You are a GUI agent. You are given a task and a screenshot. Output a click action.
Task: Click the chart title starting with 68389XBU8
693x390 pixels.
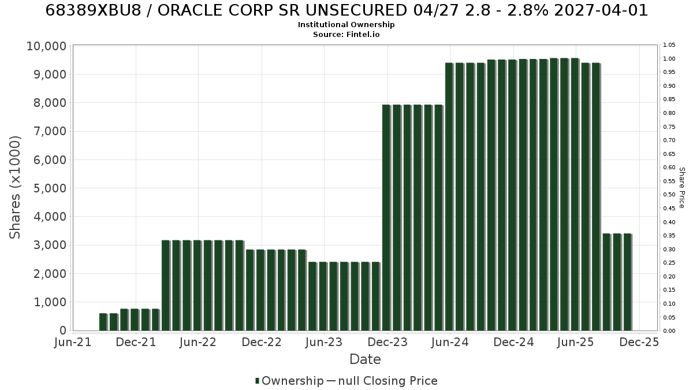tap(346, 10)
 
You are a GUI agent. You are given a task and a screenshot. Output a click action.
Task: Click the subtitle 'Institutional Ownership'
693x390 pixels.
tap(346, 25)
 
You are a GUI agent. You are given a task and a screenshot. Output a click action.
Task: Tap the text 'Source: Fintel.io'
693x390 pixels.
tap(346, 34)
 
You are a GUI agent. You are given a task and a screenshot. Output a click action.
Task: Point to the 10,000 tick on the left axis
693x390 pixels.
tap(46, 46)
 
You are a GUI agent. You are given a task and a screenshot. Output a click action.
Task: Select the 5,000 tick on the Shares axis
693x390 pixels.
tap(50, 188)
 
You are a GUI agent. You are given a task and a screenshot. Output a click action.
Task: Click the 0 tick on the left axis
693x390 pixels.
tap(63, 330)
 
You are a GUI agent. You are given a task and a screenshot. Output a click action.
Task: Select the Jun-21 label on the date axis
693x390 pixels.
tap(73, 342)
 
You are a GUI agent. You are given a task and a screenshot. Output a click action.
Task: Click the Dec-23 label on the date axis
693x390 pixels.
tap(388, 342)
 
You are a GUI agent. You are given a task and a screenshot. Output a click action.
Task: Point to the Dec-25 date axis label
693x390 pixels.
tap(639, 342)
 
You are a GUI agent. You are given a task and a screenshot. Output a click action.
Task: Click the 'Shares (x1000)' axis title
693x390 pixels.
tap(15, 188)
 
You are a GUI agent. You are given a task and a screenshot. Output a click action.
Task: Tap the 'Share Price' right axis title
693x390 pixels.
tap(682, 188)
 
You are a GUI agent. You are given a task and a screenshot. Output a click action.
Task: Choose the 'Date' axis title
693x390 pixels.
tap(365, 359)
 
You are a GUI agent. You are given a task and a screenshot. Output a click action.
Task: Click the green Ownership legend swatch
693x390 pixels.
tap(257, 381)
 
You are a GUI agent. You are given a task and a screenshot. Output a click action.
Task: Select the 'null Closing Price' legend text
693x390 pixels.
tap(388, 381)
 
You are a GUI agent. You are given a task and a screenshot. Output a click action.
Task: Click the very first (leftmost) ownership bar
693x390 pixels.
tap(103, 322)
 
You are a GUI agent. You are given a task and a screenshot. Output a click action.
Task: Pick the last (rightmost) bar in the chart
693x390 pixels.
tap(628, 283)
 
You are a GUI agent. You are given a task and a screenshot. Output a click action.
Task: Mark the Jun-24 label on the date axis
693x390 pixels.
tap(450, 342)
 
